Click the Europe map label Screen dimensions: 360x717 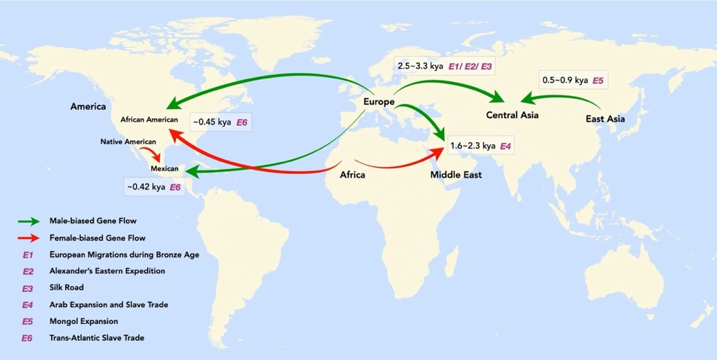point(379,102)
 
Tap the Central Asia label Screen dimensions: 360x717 point(512,115)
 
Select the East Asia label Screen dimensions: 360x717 point(605,119)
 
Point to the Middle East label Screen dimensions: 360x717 point(456,174)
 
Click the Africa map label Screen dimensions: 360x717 point(352,174)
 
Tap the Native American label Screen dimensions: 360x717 point(128,142)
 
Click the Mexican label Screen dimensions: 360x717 point(165,169)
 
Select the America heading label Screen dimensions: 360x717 point(88,107)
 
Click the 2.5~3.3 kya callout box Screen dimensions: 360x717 point(445,66)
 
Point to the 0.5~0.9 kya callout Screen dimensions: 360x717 point(573,80)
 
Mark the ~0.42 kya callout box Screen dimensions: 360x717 point(154,187)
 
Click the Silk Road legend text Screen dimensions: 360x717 point(66,288)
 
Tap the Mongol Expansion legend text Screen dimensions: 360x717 point(83,321)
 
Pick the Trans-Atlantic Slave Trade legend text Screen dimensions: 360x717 point(96,338)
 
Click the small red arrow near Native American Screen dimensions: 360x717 point(149,152)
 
